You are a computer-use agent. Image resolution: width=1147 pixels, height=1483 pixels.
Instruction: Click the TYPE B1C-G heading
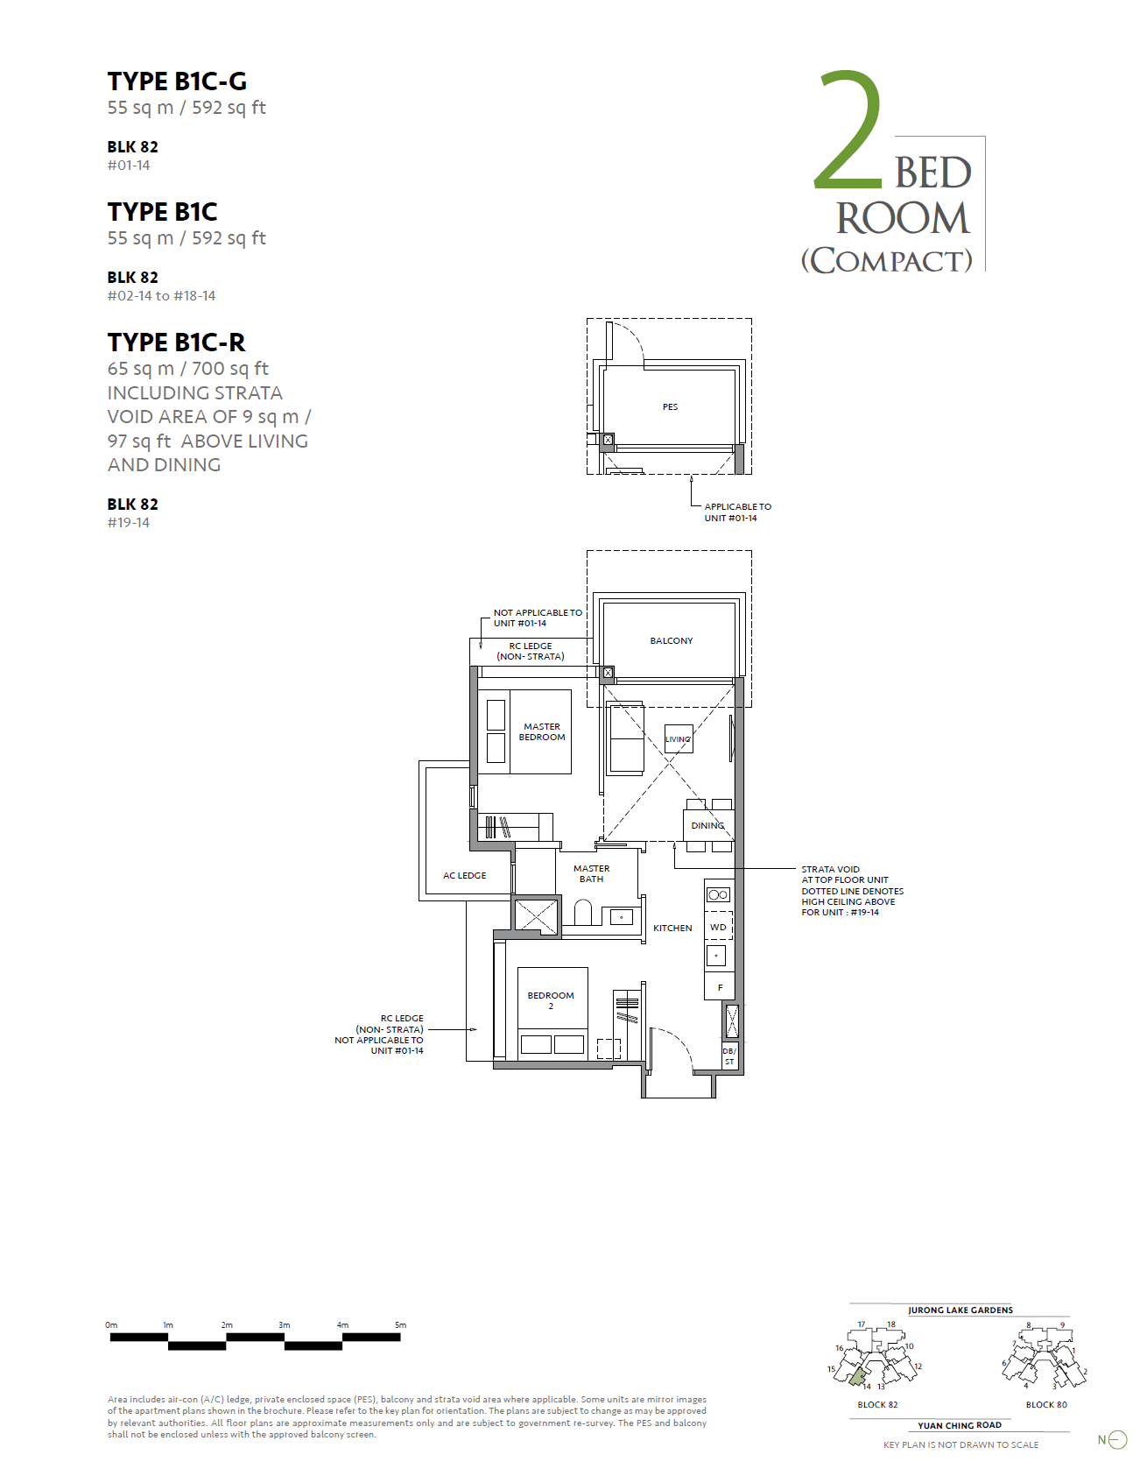(177, 81)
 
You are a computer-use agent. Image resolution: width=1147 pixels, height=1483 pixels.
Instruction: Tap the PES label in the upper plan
(670, 406)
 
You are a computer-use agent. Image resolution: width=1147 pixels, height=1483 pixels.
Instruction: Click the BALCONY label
(672, 640)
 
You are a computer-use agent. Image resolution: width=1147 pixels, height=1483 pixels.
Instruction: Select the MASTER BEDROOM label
(542, 731)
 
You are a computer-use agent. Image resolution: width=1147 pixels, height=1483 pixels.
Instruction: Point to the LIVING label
(678, 739)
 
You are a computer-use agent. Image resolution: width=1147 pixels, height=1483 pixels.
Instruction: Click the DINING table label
(707, 825)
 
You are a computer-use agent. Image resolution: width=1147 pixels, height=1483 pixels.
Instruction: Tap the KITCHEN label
(672, 928)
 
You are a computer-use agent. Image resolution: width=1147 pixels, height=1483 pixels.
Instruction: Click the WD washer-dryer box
(718, 927)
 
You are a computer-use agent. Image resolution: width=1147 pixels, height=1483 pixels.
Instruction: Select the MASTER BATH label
(591, 873)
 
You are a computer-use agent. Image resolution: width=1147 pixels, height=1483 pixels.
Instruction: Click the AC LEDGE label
(464, 875)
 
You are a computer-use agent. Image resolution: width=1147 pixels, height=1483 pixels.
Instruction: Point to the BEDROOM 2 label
(551, 1000)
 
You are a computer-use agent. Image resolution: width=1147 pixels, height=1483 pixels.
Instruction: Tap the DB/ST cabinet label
(729, 1056)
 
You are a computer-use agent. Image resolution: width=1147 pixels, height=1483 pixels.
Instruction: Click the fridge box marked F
(720, 987)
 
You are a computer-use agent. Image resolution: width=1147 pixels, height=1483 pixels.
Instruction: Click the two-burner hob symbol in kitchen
(718, 894)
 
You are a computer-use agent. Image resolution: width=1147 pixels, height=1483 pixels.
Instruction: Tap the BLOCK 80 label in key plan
(1046, 1404)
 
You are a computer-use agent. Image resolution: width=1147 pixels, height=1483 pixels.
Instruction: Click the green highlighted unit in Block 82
(857, 1375)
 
